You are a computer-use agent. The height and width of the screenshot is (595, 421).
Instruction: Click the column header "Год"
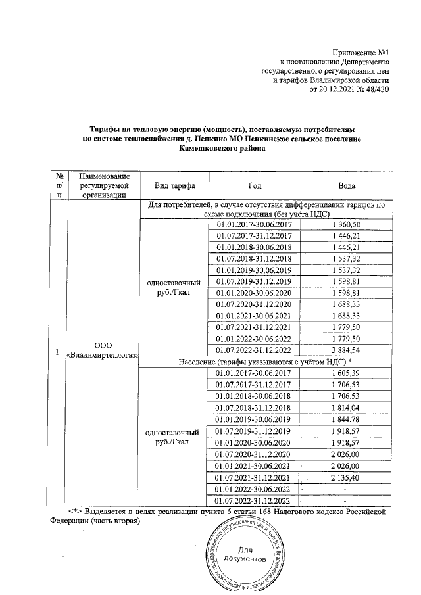coord(255,186)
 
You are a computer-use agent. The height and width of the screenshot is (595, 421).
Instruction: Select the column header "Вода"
coord(347,186)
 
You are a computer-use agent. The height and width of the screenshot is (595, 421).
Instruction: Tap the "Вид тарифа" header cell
coord(172,186)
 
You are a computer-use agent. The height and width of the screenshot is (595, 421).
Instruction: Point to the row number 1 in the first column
coord(60,350)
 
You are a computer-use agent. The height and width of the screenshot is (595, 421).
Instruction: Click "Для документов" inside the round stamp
coord(245,555)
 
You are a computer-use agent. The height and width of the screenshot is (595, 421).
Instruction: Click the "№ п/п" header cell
coord(60,186)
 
